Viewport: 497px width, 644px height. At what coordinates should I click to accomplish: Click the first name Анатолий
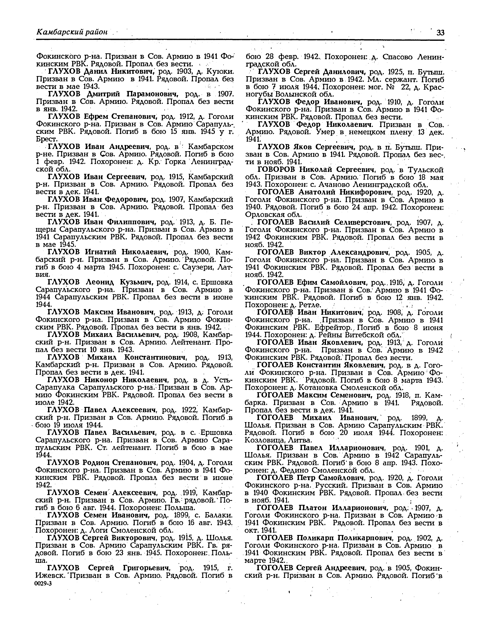[x=315, y=192]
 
